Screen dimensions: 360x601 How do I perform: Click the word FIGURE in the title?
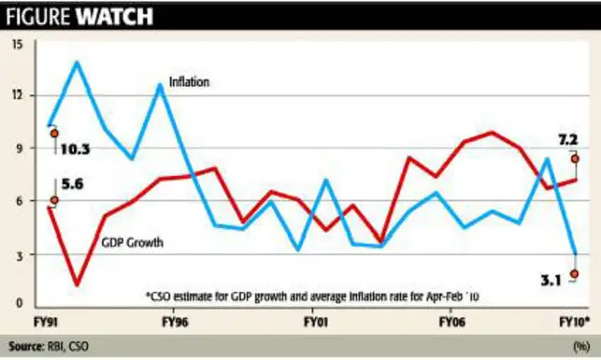tap(40, 15)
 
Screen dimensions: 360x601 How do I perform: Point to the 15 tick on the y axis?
tap(20, 43)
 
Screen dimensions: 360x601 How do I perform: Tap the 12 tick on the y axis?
tap(20, 95)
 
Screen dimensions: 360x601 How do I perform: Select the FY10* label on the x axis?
tap(573, 321)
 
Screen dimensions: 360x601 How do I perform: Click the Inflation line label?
tap(189, 82)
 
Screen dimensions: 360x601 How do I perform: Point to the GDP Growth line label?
tap(133, 243)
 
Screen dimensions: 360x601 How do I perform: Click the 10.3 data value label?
tap(76, 149)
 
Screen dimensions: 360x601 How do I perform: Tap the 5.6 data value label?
tap(73, 185)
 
